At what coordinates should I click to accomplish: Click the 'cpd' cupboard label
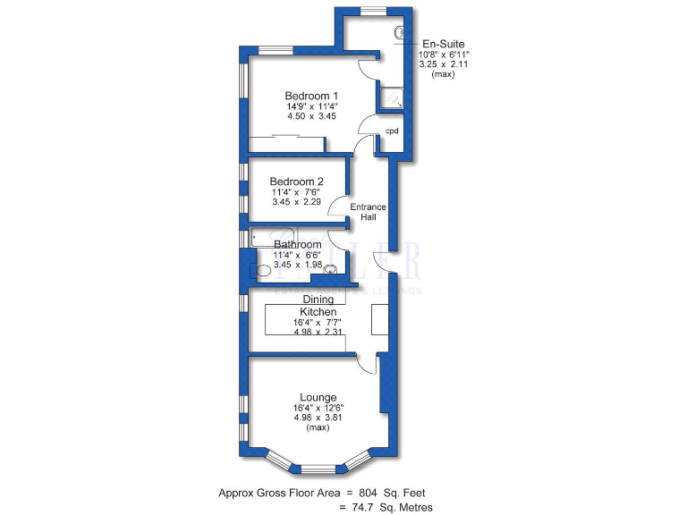(391, 131)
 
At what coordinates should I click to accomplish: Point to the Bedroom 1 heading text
(311, 96)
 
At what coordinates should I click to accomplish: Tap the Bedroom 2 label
(296, 182)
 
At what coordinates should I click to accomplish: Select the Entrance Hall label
(368, 212)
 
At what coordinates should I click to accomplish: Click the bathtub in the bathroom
(274, 237)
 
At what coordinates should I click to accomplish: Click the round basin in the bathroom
(330, 269)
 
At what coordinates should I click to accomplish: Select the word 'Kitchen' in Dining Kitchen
(318, 311)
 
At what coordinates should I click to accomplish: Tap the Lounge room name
(318, 397)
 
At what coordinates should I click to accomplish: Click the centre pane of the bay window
(318, 467)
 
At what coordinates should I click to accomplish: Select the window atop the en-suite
(374, 10)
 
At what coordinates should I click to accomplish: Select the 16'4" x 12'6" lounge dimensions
(318, 408)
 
